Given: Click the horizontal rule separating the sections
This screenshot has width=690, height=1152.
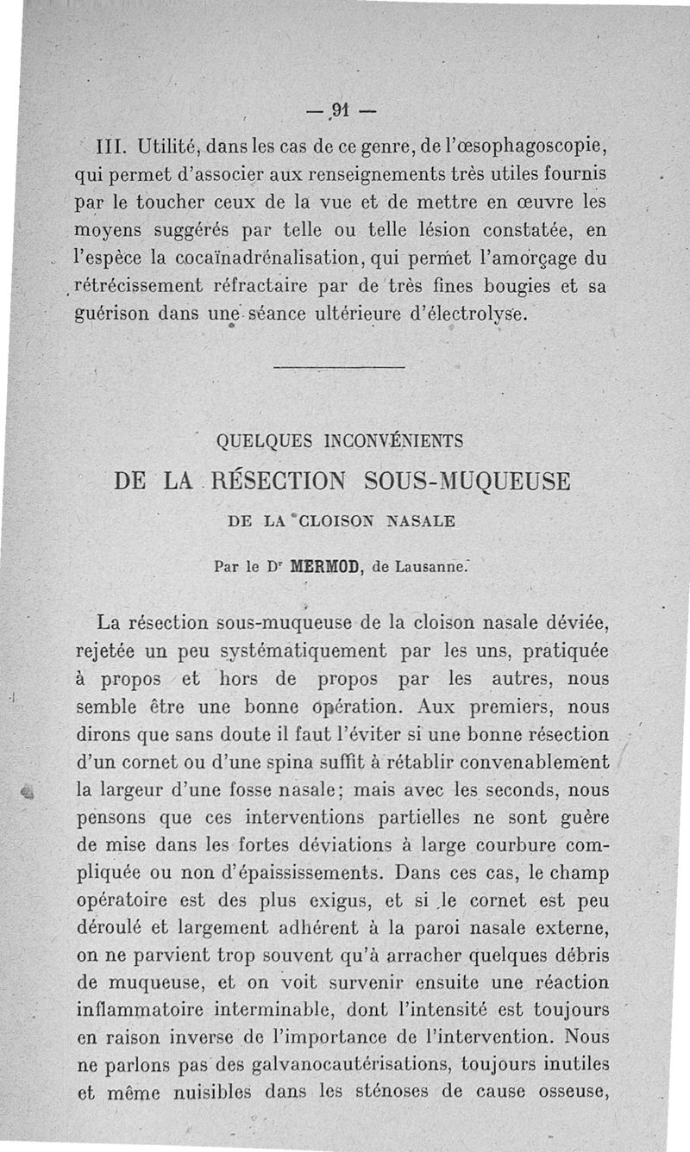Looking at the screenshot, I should pyautogui.click(x=339, y=369).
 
